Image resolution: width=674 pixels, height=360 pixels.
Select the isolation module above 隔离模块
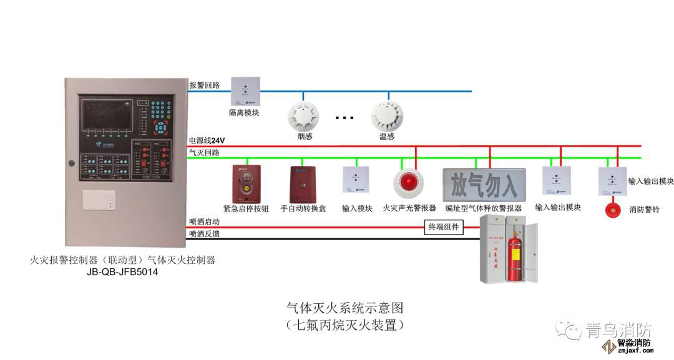(245, 92)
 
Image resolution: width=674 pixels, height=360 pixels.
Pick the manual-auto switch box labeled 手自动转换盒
(303, 182)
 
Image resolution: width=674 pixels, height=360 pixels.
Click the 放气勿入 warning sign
(484, 185)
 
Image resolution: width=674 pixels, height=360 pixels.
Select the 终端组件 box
(443, 227)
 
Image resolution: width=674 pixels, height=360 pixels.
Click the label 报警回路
(204, 85)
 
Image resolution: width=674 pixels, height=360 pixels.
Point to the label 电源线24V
(207, 140)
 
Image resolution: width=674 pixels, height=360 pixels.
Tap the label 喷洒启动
(204, 221)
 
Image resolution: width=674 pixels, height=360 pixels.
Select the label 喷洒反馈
(204, 234)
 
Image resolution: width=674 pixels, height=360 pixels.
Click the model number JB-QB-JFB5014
(123, 273)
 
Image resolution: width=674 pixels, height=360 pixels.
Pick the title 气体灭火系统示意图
(345, 308)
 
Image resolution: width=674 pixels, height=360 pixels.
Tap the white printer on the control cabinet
(99, 202)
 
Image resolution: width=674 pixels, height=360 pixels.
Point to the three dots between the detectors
(344, 117)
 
